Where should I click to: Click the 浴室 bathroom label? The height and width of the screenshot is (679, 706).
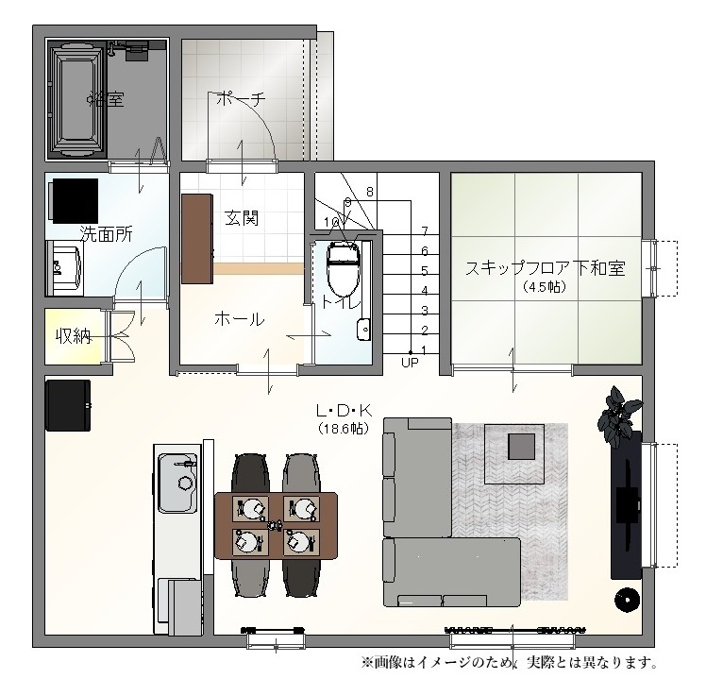coord(107,99)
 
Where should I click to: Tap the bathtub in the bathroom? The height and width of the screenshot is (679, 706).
coord(77,99)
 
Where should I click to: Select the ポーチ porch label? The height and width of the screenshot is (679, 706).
coord(241,99)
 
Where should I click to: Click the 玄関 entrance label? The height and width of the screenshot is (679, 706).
coord(242,218)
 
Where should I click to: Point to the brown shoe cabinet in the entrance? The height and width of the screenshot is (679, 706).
coord(197,239)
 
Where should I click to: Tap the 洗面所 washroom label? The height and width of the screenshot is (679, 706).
coord(107,234)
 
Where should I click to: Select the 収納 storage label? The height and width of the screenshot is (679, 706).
coord(74,335)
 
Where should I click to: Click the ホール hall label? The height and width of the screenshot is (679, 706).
coord(239,319)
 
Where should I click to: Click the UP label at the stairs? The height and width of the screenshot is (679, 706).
coord(410,363)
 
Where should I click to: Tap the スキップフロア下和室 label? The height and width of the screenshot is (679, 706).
coord(545,268)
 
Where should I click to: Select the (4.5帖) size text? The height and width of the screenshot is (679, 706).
coord(545,286)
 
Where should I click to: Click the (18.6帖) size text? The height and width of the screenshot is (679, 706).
coord(344,428)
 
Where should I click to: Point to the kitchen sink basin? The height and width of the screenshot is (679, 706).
coord(177,484)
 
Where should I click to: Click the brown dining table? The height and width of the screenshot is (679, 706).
coord(276,526)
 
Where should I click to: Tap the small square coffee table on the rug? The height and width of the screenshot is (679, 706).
coord(522,447)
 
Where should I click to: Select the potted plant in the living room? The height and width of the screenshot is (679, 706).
coord(618,416)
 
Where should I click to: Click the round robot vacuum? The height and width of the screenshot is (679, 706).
coord(628,600)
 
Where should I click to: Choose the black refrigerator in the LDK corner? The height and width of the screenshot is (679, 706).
coord(68,405)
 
